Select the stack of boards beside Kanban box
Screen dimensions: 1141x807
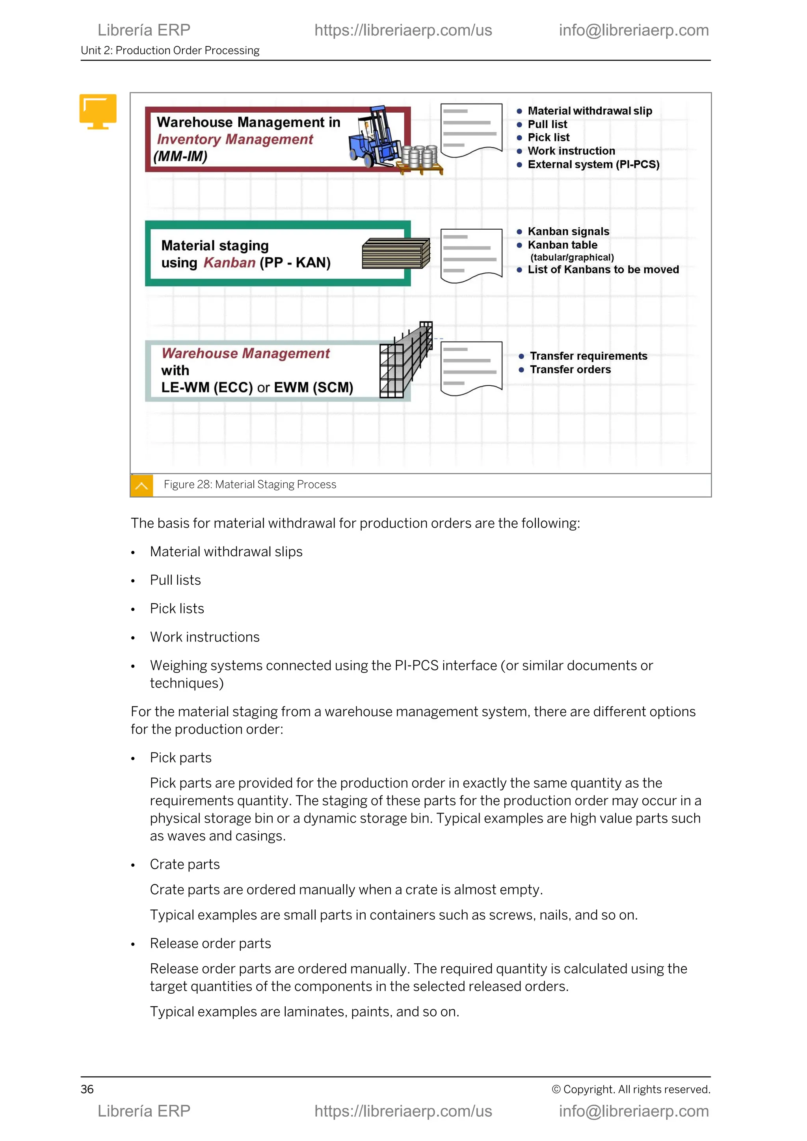396,253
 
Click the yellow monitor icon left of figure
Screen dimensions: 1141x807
98,111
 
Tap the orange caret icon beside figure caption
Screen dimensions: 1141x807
141,485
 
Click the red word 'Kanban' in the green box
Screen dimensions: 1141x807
230,262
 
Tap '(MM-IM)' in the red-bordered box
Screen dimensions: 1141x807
180,156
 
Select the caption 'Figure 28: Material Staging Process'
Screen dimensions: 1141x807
250,485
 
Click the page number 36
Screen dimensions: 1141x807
87,1089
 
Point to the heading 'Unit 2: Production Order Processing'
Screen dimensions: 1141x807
170,51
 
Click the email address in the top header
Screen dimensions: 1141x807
634,30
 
